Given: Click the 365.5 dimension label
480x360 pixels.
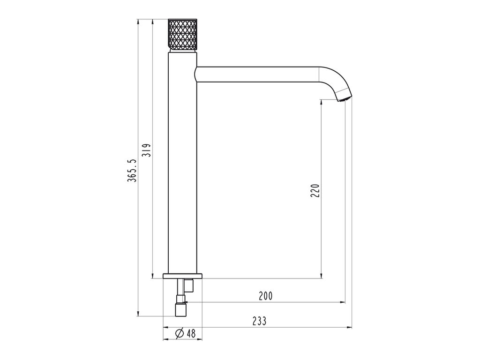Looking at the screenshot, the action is click(x=132, y=171).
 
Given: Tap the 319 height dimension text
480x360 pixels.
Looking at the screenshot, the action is click(x=146, y=150).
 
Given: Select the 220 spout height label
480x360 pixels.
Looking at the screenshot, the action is click(x=315, y=190).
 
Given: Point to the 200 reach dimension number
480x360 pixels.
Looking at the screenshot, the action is click(x=265, y=296).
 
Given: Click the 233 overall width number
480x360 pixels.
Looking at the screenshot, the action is click(x=259, y=321).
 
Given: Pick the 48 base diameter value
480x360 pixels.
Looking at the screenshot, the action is click(x=191, y=333).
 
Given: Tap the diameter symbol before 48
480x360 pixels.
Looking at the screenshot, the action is click(x=180, y=333).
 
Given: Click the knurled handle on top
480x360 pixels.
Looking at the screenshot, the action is click(x=182, y=35).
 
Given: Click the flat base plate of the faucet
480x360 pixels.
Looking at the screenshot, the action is click(x=183, y=276).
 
